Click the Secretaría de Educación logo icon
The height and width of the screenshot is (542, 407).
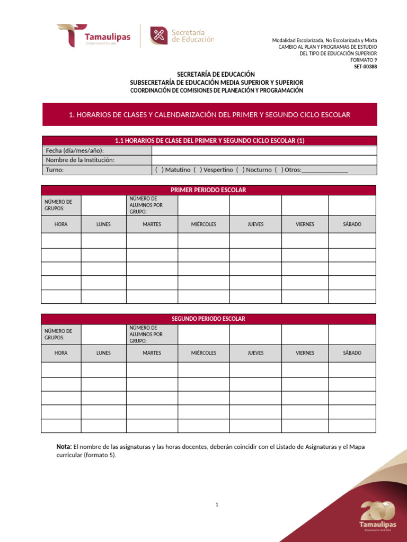pyautogui.click(x=158, y=36)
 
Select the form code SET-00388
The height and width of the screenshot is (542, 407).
pyautogui.click(x=366, y=67)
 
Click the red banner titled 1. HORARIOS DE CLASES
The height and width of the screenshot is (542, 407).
pyautogui.click(x=209, y=114)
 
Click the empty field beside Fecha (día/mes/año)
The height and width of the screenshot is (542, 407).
pyautogui.click(x=264, y=150)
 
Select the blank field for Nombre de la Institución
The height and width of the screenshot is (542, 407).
pyautogui.click(x=264, y=160)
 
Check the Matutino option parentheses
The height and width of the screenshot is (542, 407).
pyautogui.click(x=159, y=170)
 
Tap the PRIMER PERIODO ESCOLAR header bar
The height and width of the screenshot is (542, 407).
pyautogui.click(x=208, y=190)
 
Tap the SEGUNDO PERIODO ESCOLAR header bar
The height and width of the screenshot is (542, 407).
pyautogui.click(x=208, y=319)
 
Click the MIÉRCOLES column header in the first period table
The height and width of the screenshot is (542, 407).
pyautogui.click(x=203, y=224)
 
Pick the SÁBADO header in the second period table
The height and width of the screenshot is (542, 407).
pyautogui.click(x=352, y=353)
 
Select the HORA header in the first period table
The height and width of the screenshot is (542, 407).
pyautogui.click(x=61, y=224)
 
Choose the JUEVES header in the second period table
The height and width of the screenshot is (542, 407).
pyautogui.click(x=255, y=353)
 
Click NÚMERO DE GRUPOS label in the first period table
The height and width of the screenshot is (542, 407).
pyautogui.click(x=58, y=205)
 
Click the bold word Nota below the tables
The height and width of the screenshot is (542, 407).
pyautogui.click(x=64, y=447)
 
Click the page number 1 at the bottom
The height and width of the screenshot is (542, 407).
pyautogui.click(x=217, y=505)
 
